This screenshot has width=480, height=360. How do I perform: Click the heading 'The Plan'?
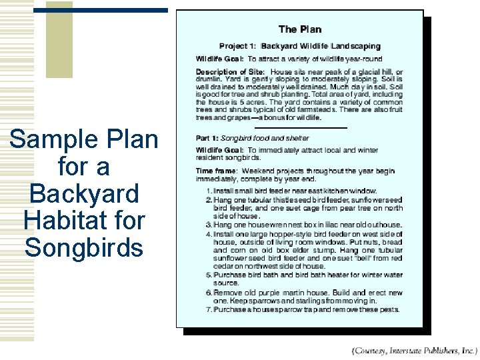[x=299, y=29]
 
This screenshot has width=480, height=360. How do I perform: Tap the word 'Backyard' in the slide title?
[x=84, y=193]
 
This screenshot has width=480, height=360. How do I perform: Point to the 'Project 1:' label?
[x=237, y=47]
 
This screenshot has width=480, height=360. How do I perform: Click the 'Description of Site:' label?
[x=231, y=72]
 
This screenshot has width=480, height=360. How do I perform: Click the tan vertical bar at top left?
[x=60, y=40]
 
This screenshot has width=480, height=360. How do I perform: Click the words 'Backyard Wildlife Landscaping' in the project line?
[x=321, y=47]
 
